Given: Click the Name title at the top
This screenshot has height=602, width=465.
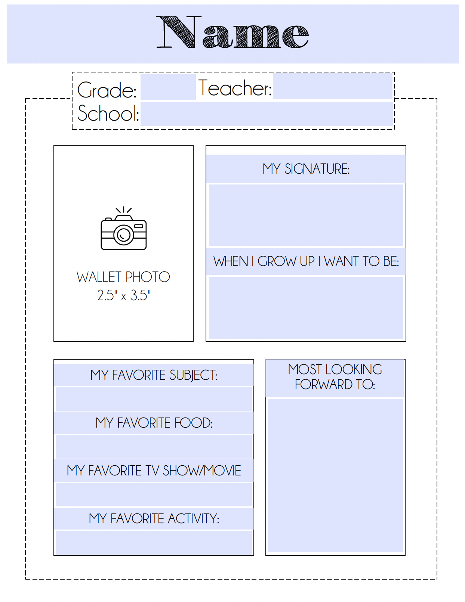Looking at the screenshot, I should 232,32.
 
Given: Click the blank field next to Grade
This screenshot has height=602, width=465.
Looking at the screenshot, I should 168,87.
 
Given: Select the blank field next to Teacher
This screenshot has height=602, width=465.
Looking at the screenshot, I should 332,86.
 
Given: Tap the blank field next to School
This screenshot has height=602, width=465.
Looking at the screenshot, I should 267,114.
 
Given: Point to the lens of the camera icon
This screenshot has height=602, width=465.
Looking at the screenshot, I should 123,235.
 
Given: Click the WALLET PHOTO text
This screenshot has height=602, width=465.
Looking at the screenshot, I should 123,277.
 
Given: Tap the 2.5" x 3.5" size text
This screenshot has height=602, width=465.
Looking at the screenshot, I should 124,295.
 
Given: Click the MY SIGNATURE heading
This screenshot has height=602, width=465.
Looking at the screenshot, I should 306,169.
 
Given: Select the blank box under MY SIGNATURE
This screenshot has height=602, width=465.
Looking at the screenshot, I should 306,215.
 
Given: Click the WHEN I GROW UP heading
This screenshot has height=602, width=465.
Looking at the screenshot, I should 306,261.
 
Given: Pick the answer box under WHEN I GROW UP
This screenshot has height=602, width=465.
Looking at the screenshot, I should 306,308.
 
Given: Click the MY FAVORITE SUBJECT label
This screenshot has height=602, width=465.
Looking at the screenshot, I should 154,375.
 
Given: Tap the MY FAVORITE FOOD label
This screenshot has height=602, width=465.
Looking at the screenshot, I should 154,423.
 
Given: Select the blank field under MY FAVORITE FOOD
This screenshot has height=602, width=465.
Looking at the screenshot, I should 154,446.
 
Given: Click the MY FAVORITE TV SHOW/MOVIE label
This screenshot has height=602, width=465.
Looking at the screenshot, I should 154,471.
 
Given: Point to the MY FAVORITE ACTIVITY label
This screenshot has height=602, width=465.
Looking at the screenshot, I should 154,518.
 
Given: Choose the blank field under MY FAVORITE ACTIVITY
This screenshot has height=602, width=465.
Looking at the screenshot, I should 154,542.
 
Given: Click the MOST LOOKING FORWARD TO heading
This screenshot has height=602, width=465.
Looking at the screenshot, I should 335,377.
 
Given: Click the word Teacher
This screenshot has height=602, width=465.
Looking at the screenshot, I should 235,88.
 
